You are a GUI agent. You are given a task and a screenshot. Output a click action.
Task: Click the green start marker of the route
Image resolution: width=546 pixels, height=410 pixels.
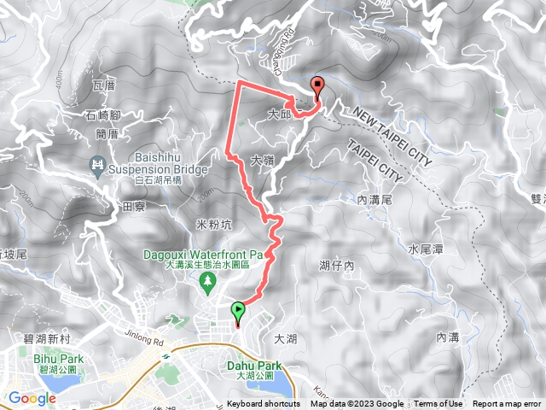click(238, 313)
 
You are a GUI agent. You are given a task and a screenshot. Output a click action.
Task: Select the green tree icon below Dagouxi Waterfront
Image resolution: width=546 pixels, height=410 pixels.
click(206, 280)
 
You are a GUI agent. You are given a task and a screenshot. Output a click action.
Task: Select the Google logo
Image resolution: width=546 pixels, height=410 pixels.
click(32, 397)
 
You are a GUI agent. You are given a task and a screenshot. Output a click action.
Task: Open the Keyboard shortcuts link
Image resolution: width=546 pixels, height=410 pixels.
click(263, 404)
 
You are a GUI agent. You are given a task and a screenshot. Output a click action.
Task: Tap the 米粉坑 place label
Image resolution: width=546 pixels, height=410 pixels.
click(214, 225)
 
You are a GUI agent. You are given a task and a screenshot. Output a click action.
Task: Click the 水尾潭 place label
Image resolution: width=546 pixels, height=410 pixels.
click(425, 249)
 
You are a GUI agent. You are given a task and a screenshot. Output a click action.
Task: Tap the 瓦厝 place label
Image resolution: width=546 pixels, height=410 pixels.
click(102, 86)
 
